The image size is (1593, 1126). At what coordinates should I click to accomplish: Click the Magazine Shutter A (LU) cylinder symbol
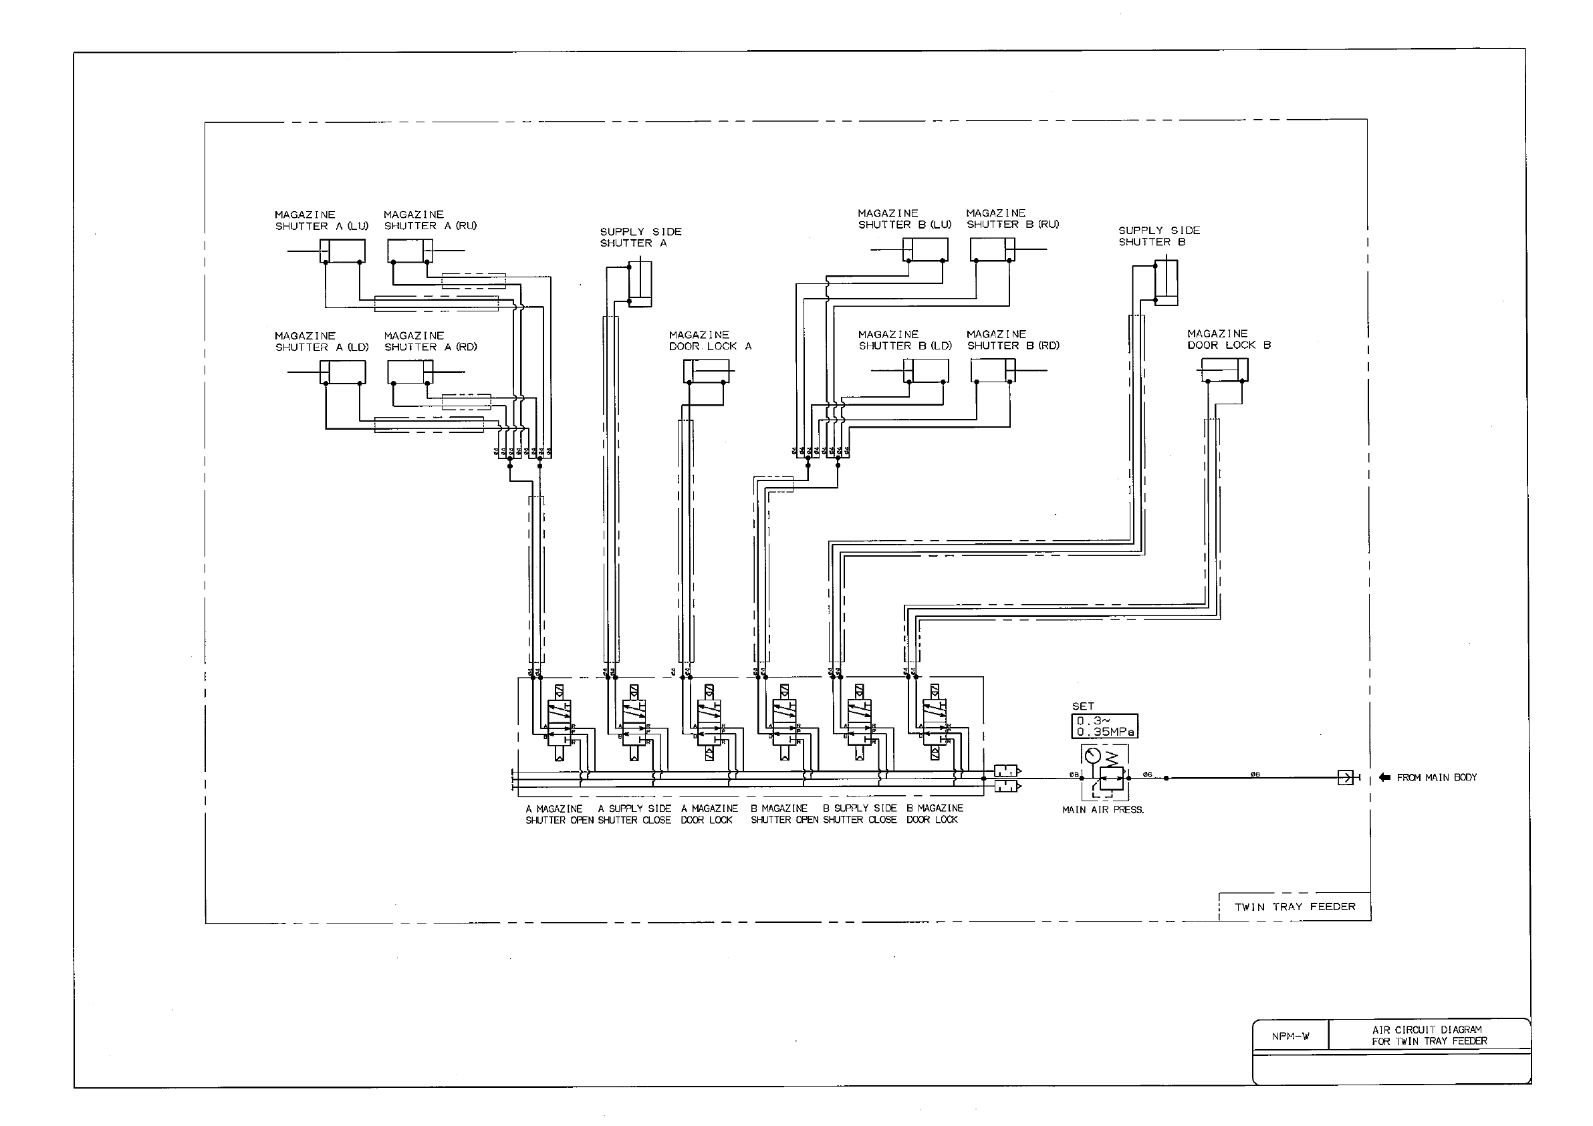343,251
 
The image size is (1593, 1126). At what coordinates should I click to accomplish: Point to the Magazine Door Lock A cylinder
706,371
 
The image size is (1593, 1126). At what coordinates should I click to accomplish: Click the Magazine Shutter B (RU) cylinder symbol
992,250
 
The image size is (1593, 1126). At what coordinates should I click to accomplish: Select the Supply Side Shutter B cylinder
1167,283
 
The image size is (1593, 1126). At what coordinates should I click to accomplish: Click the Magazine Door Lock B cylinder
1225,370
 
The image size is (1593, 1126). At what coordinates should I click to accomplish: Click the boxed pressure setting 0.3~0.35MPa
1104,726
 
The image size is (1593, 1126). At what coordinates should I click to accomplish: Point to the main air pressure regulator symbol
1104,771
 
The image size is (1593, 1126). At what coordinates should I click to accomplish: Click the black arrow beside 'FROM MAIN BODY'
1385,778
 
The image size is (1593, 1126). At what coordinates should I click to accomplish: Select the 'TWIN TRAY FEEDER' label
1295,907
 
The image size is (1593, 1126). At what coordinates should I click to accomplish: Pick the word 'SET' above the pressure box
1083,706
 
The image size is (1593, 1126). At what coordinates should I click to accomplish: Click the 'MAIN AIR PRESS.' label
1103,810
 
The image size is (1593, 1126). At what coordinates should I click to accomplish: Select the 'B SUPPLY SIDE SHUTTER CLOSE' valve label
860,814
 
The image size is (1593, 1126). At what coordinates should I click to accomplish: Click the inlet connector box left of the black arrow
1345,778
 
